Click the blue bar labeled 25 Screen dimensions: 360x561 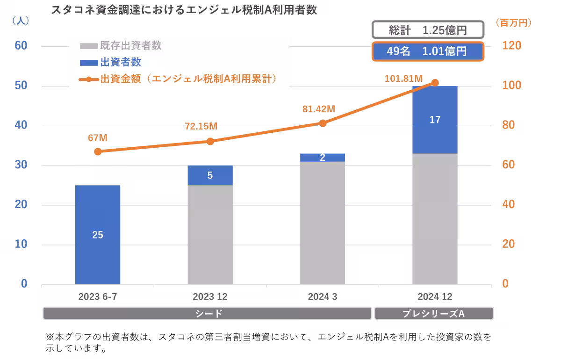click(98, 234)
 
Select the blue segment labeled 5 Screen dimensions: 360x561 click(210, 175)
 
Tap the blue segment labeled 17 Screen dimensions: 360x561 click(435, 120)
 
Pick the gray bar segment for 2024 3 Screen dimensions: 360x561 click(323, 223)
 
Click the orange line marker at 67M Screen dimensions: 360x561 click(98, 151)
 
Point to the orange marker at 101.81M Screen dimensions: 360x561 click(435, 82)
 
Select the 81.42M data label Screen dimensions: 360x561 click(319, 109)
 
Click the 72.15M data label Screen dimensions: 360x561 click(201, 126)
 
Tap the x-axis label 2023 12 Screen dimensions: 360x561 click(210, 297)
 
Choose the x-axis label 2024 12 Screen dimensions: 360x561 click(435, 297)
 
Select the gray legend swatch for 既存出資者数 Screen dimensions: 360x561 click(89, 46)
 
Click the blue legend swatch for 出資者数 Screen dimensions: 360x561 click(89, 63)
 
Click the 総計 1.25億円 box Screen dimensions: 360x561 click(428, 31)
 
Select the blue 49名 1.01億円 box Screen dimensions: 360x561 click(428, 51)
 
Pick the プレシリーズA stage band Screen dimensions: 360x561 click(433, 313)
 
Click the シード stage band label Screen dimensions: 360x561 click(208, 313)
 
